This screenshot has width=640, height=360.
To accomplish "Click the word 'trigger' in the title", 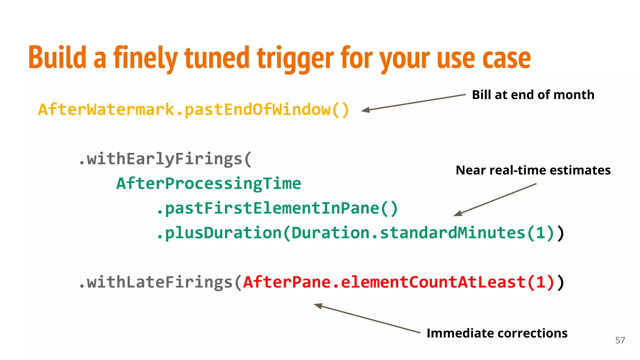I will pos(295,58).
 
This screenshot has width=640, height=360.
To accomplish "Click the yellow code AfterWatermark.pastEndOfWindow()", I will pos(193,110).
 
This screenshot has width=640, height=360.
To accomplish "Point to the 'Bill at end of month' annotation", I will pos(533,95).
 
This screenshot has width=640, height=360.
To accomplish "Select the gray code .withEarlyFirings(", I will pos(165,159).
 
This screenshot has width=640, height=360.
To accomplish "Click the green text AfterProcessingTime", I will pos(208,183).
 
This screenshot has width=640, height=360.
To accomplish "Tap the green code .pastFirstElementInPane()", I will pos(277,208).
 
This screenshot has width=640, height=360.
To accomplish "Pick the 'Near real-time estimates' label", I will pos(533,170).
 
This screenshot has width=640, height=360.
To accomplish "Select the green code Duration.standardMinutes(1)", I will pos(423,233).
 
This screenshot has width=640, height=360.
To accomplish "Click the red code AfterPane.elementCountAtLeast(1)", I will pos(399,282).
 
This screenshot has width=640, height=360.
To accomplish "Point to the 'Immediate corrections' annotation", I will pos(497,333).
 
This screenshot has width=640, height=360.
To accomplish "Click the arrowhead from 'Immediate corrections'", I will pos(318,305).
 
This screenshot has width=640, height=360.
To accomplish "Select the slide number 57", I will pos(620,340).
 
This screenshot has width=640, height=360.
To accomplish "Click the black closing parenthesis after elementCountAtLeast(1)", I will pos(561,282).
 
